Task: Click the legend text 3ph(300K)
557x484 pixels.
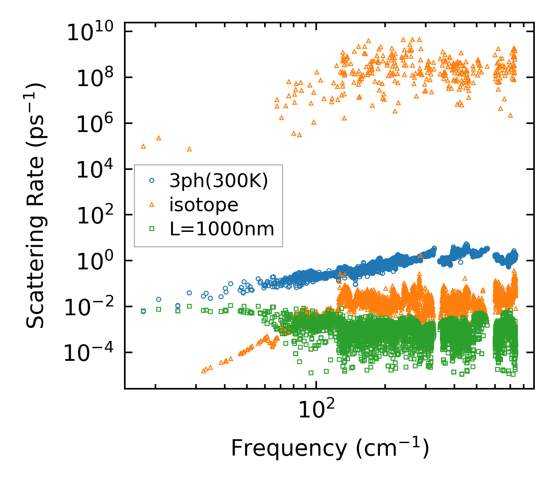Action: coord(219,181)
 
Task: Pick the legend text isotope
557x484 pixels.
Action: coord(204,205)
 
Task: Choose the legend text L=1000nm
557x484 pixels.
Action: coord(222,229)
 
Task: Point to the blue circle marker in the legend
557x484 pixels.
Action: coord(152,181)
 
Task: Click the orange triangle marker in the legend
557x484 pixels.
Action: coord(152,205)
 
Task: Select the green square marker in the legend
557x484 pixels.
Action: coord(152,229)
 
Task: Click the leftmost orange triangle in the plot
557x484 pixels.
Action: coord(143,146)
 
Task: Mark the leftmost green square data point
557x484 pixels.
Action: coord(143,311)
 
